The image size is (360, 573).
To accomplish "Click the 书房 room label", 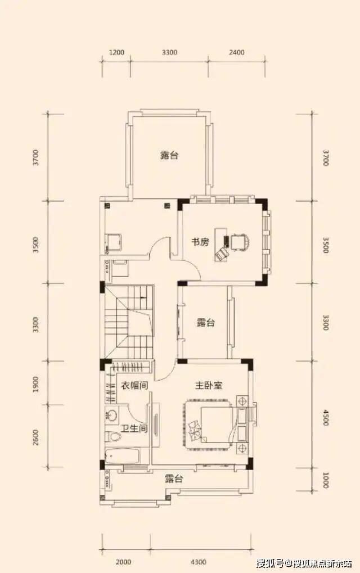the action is pyautogui.click(x=200, y=242).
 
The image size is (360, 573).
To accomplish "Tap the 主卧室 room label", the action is pyautogui.click(x=209, y=386).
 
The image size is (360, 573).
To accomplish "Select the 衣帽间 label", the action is pyautogui.click(x=134, y=386).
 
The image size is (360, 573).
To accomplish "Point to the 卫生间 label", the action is pyautogui.click(x=134, y=428).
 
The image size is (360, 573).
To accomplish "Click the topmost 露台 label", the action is pyautogui.click(x=169, y=155).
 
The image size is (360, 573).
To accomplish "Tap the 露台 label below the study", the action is pyautogui.click(x=206, y=323).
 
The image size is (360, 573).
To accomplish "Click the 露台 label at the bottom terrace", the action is pyautogui.click(x=173, y=479).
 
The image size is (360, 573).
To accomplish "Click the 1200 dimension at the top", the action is pyautogui.click(x=116, y=52).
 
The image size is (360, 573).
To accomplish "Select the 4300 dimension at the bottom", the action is pyautogui.click(x=199, y=562).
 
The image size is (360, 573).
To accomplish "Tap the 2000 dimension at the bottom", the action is pyautogui.click(x=123, y=562).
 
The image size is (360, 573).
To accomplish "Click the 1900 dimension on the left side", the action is pyautogui.click(x=35, y=383).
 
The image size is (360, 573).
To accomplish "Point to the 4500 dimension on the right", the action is pyautogui.click(x=326, y=417).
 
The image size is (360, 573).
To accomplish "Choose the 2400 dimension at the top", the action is pyautogui.click(x=236, y=52).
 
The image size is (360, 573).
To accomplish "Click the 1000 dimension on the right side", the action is pyautogui.click(x=326, y=480).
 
